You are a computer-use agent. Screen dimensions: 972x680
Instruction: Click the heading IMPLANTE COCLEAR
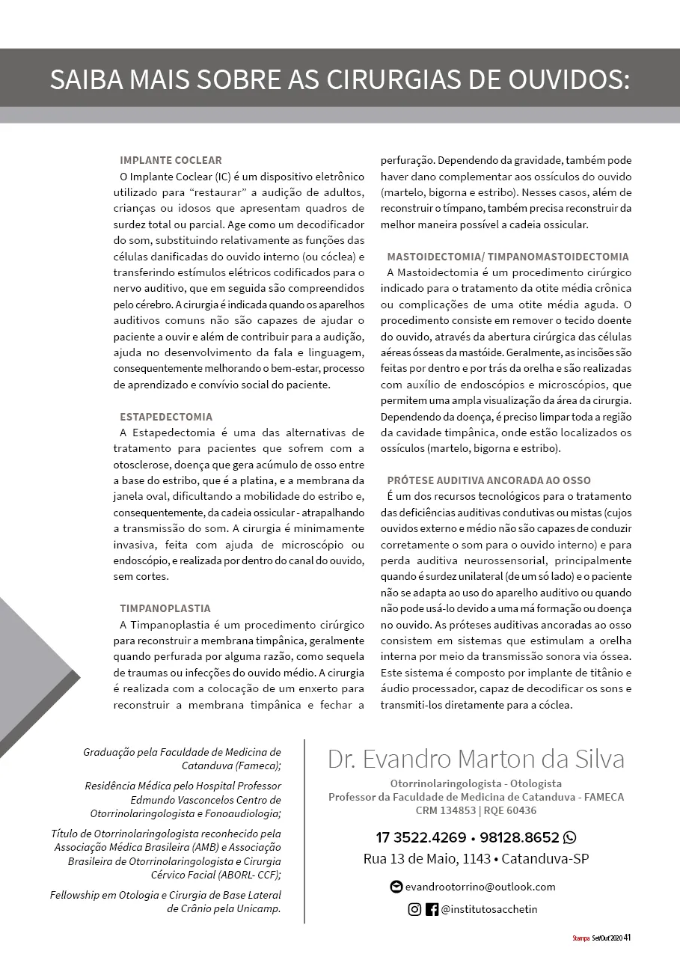(x=171, y=160)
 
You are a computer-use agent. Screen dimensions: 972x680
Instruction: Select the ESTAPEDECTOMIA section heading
(x=166, y=417)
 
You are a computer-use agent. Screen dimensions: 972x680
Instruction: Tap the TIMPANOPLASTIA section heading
(x=165, y=608)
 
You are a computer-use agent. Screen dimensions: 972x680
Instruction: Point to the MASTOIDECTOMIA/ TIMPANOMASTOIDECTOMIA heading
(x=508, y=257)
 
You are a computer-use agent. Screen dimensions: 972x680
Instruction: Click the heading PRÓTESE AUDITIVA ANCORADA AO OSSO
(x=488, y=480)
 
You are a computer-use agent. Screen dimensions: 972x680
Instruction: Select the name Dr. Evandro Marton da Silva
(x=476, y=759)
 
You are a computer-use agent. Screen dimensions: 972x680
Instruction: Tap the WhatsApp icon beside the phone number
(x=569, y=837)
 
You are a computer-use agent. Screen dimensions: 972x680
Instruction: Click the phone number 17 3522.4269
(x=420, y=837)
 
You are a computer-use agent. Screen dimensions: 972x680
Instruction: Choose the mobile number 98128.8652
(x=518, y=837)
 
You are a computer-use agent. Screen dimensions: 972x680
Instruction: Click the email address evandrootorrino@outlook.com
(x=480, y=887)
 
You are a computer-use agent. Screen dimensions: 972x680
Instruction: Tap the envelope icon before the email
(x=396, y=887)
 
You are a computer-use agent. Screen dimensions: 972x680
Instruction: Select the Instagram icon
(x=414, y=910)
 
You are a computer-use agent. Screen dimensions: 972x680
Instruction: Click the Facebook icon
(x=432, y=910)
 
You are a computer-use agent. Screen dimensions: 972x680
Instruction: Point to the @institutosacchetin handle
(x=489, y=910)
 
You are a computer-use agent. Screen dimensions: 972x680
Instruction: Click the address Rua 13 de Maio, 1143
(x=427, y=859)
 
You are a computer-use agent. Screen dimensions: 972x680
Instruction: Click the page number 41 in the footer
(x=628, y=938)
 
